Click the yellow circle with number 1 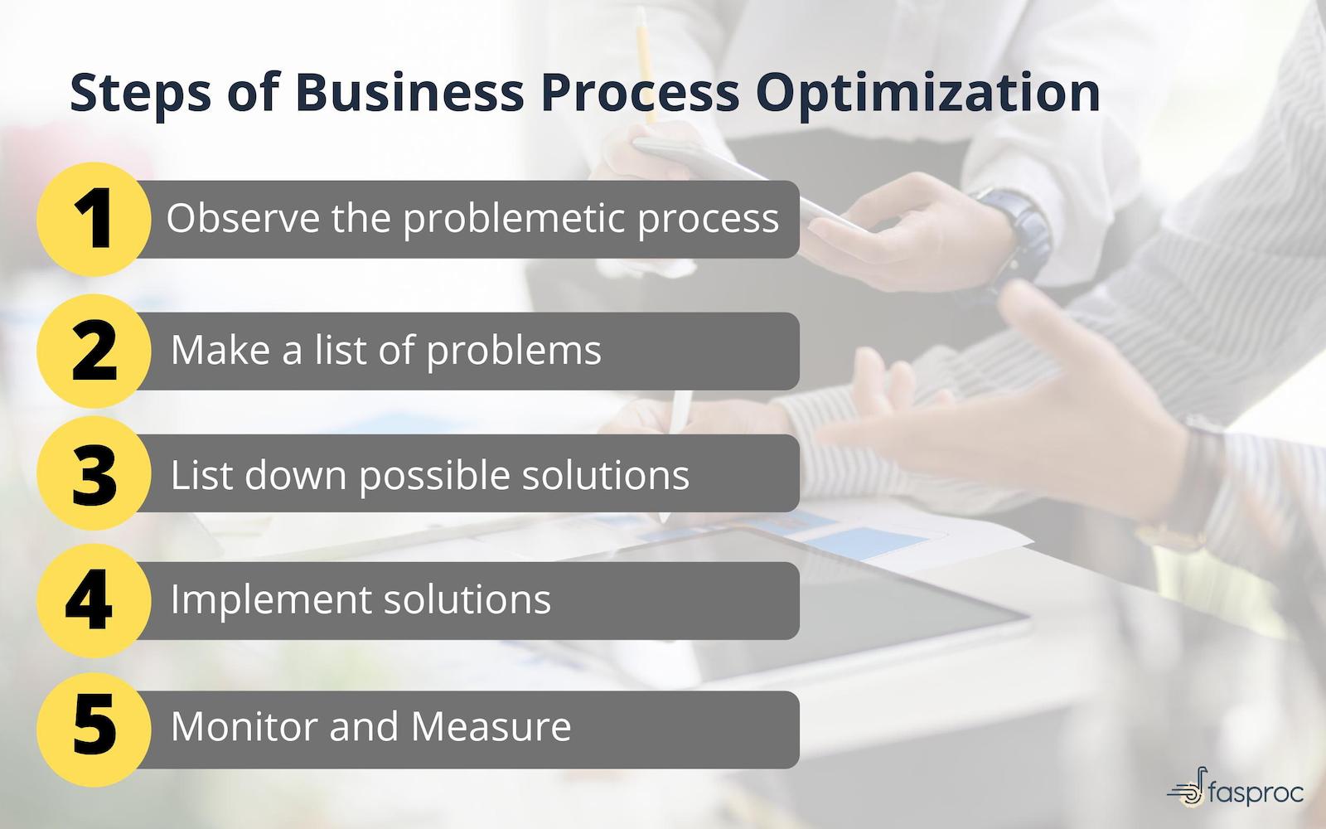[94, 219]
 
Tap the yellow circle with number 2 [94, 351]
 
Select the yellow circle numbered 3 [94, 474]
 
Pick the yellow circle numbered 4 [94, 600]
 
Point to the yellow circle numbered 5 [94, 727]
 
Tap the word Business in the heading [409, 92]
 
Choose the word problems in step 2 [514, 351]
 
